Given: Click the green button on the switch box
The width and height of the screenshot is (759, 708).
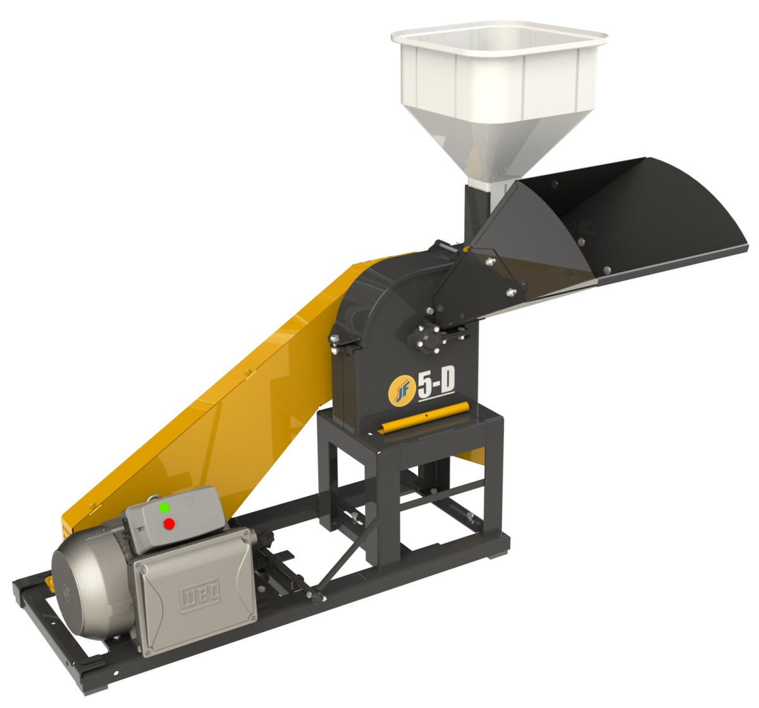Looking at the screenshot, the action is pos(164,507).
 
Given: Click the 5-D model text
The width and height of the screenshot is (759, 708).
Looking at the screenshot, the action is pos(436,387).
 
